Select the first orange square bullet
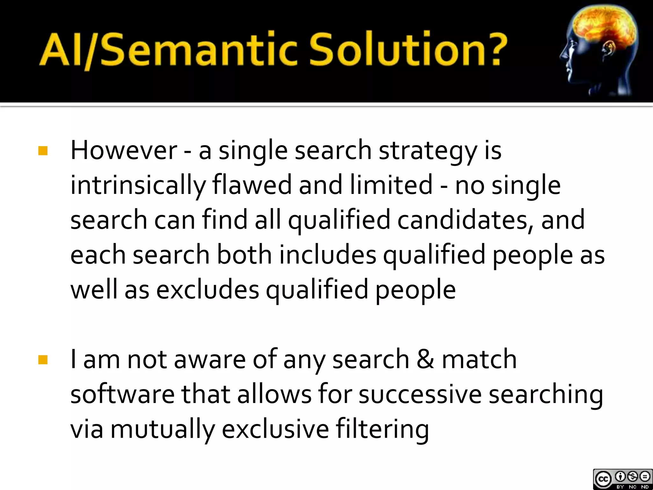[43, 151]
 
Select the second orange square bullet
[43, 360]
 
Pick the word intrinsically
[138, 185]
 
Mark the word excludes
[208, 290]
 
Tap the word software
[122, 394]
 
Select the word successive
[420, 394]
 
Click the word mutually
[163, 429]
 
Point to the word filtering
[382, 429]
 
